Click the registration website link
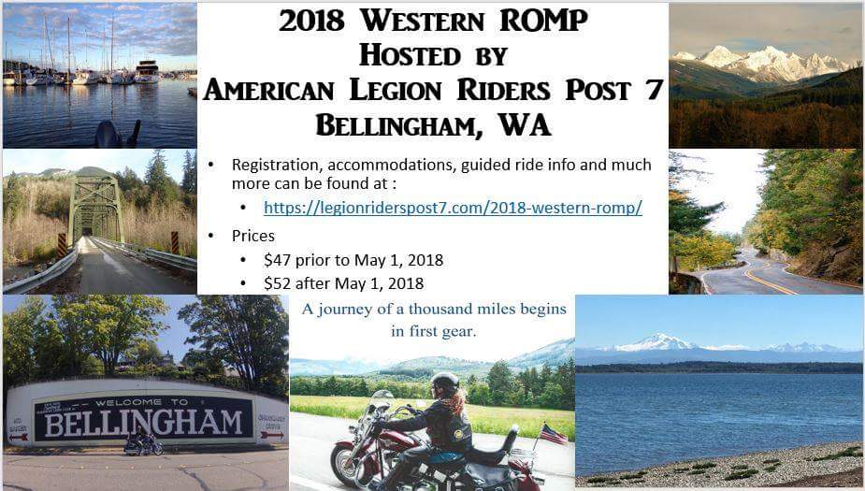[453, 208]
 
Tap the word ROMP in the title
[543, 21]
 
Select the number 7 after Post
[656, 90]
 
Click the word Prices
[253, 236]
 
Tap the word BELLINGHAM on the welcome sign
[143, 423]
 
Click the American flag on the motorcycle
[554, 434]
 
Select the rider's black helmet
[445, 381]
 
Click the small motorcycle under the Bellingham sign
[143, 443]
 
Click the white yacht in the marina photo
[146, 72]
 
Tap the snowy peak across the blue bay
[656, 342]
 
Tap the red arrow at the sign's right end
[271, 435]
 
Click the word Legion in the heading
[396, 90]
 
